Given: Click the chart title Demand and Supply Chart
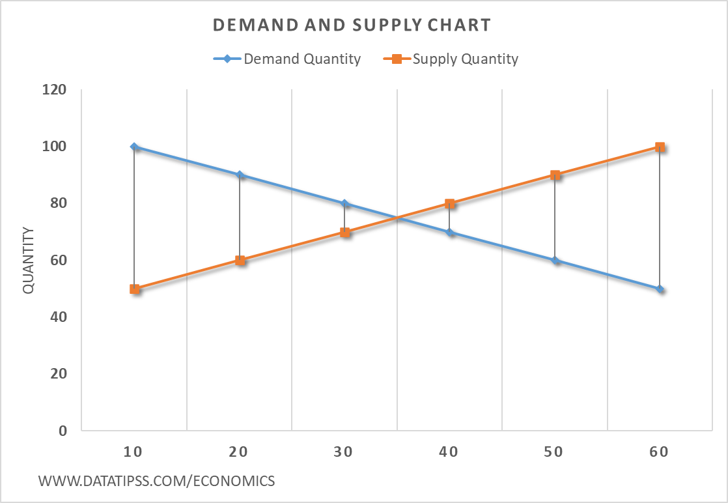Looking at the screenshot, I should click(352, 25).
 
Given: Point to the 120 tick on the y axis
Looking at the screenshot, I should click(55, 89).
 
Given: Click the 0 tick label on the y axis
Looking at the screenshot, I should click(62, 431).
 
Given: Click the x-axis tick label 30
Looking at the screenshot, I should click(344, 452).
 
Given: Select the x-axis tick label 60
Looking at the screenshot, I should click(659, 452).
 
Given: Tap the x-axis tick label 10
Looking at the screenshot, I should click(134, 452).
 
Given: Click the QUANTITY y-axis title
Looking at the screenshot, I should click(29, 260).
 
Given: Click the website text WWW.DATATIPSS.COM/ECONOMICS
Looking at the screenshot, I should click(157, 481).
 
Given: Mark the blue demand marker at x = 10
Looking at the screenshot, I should click(134, 147).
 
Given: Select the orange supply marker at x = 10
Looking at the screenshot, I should click(134, 289).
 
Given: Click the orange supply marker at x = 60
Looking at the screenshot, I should click(660, 147).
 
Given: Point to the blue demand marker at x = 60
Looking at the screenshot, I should click(660, 289).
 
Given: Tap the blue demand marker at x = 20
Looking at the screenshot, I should click(240, 175).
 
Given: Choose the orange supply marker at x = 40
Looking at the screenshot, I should click(449, 203).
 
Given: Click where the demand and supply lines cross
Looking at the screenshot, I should click(397, 218).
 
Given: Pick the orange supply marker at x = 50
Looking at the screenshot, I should click(555, 175).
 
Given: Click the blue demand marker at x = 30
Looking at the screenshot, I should click(344, 203).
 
